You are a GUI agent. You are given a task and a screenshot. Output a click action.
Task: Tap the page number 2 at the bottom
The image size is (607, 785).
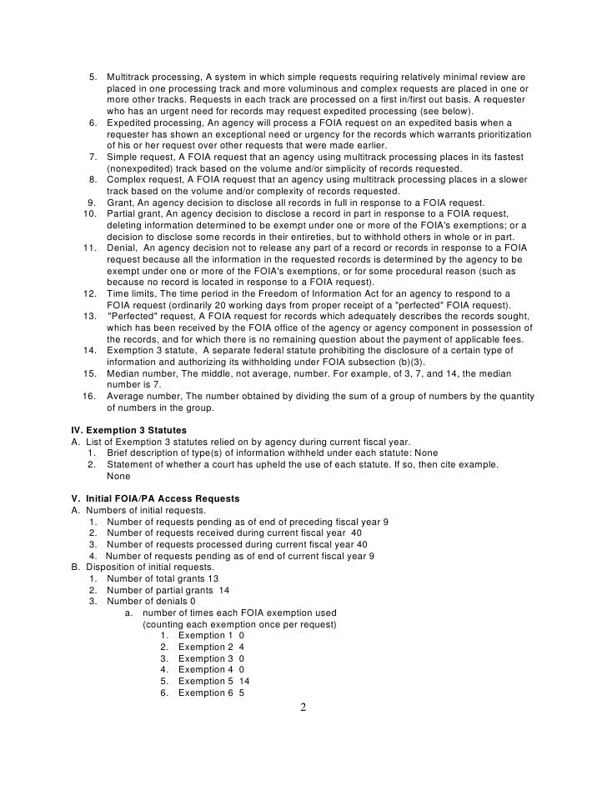coord(303,708)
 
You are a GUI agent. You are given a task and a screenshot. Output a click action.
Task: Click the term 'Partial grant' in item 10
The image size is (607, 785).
coord(134,215)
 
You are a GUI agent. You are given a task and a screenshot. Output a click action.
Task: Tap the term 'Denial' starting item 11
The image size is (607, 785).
coord(122,247)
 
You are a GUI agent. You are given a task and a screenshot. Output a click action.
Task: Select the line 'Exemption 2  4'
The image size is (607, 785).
coord(211,647)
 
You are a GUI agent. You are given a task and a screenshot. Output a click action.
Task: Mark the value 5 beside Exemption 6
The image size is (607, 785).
coord(241,692)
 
